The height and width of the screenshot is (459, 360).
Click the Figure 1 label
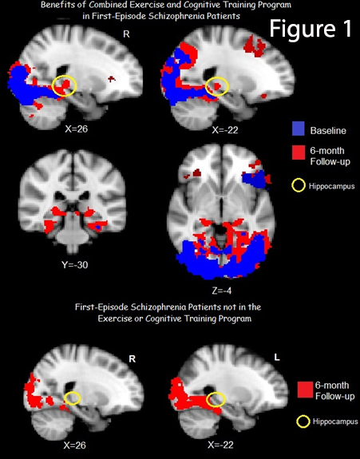click(x=311, y=28)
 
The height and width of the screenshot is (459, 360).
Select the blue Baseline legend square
click(x=299, y=129)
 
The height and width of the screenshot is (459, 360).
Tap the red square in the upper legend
click(x=299, y=152)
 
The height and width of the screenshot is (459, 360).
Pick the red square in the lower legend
click(x=305, y=390)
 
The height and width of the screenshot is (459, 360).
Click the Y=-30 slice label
click(x=75, y=265)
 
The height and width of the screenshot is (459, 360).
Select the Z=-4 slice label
click(x=222, y=291)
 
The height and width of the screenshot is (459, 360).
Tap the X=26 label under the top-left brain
click(x=76, y=129)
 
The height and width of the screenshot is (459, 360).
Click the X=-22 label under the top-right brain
click(x=225, y=129)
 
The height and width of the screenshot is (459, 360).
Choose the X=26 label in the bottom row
click(x=75, y=445)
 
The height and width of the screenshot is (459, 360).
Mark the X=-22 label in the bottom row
click(x=220, y=445)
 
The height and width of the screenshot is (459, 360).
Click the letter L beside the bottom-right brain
click(x=276, y=357)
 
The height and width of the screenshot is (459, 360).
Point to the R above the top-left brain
click(x=126, y=34)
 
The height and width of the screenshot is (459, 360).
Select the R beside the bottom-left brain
click(x=133, y=359)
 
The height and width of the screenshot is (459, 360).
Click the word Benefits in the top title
click(x=56, y=5)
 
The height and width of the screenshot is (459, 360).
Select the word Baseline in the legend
click(x=328, y=131)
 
